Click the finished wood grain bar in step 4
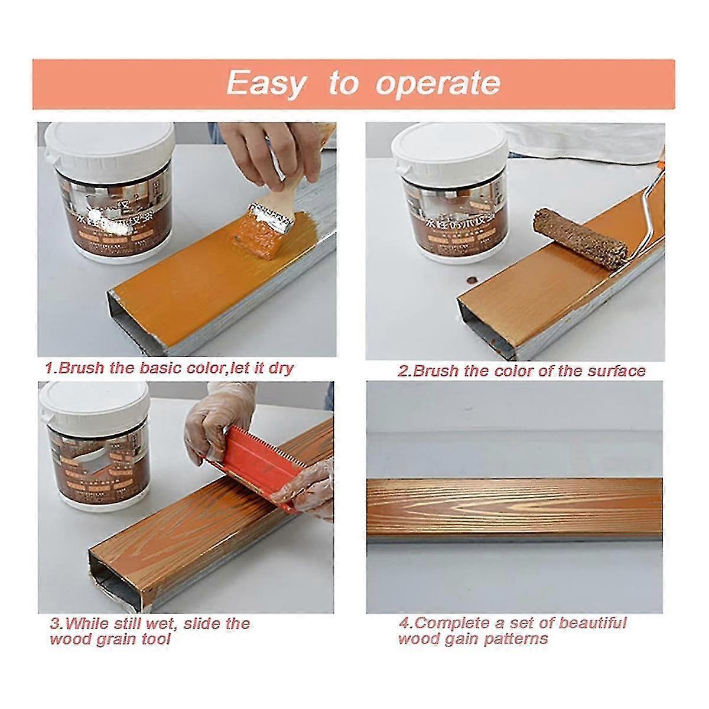[514, 508]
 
